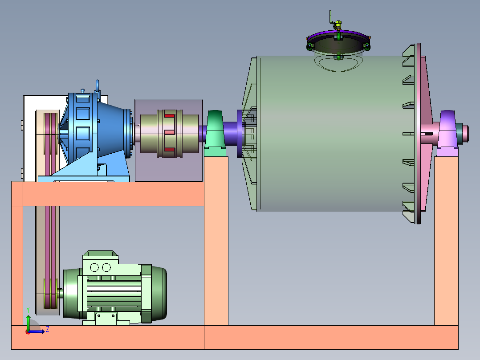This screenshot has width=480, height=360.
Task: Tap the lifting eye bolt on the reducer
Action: (x=98, y=86)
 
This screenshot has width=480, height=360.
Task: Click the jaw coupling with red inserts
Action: (x=169, y=134)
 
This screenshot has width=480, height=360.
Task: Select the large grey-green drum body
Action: (x=330, y=134)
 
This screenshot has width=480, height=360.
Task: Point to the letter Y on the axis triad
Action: (x=28, y=310)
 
